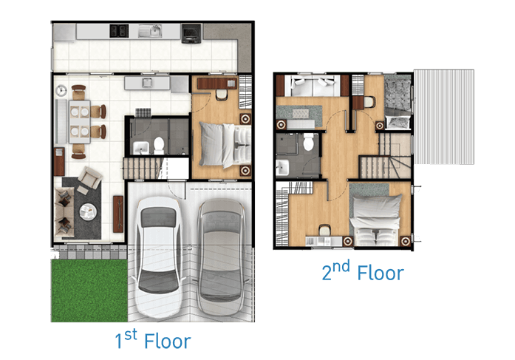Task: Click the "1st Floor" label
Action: click(153, 341)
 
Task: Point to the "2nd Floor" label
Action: click(362, 271)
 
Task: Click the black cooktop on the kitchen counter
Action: click(118, 30)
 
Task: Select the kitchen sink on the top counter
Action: click(154, 30)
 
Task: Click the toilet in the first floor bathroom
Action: click(160, 144)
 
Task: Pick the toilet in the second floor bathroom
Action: click(309, 142)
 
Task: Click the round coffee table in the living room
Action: click(88, 211)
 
